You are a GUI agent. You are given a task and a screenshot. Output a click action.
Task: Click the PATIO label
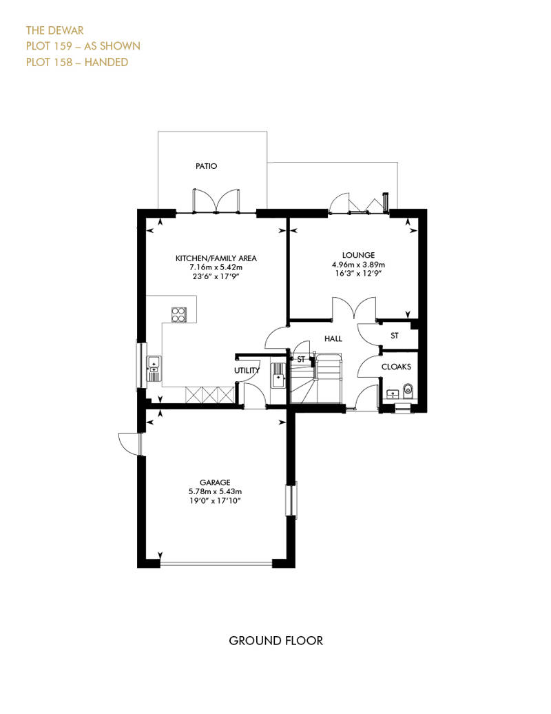coord(206,166)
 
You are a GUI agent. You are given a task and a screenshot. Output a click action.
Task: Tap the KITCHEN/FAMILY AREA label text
coord(216,258)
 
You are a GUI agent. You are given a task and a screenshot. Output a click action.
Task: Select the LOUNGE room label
coord(359,256)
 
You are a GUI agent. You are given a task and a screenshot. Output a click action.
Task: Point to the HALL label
coord(333,339)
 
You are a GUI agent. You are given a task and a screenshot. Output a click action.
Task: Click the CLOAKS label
coord(396,367)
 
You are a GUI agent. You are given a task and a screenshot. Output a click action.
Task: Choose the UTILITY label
coord(247,371)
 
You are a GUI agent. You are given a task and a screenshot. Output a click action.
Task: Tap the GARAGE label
coord(215,482)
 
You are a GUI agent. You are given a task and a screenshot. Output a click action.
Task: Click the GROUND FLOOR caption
coord(275,641)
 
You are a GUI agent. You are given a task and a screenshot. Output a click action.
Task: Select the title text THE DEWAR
coord(54,30)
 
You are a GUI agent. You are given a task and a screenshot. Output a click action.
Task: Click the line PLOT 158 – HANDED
coord(77,62)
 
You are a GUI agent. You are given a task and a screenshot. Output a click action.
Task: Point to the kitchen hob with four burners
coord(179,314)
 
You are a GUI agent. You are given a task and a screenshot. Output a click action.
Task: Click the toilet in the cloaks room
coord(408,390)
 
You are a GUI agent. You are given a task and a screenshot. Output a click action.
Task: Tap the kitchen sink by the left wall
coord(154,369)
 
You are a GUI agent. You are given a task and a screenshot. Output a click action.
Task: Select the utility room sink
coord(278,375)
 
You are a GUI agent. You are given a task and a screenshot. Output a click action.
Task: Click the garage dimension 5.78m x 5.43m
coord(215,492)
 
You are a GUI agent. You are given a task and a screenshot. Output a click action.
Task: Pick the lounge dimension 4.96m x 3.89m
coord(359,265)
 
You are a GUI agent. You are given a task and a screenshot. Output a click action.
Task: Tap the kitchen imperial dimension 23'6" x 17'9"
coord(216,276)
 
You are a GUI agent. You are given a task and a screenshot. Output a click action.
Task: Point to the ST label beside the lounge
coord(395,336)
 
